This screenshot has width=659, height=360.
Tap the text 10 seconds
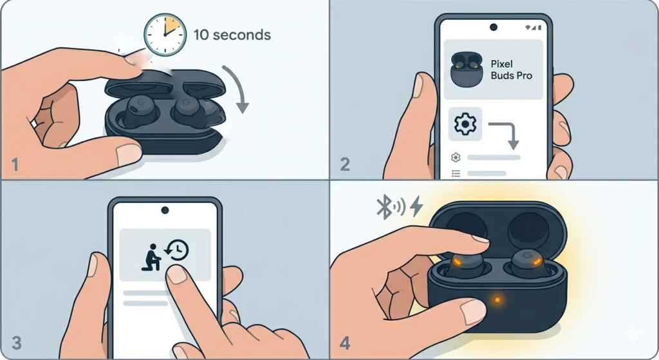point(232,33)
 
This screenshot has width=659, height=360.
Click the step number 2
point(345,165)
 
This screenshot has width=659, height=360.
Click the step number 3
point(15,343)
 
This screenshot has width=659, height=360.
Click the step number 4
point(345,343)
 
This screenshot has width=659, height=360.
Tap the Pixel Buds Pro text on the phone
point(512,70)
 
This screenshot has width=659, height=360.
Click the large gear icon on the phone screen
point(465,124)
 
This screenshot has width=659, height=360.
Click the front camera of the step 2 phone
point(494,27)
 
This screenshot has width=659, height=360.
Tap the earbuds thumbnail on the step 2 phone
point(467,70)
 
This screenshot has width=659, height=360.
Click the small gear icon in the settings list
point(456,157)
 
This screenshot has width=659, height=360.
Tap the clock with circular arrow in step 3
point(177,251)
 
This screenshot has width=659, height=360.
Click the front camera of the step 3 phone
point(165,210)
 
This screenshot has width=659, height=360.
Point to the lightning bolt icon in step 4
point(416,206)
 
